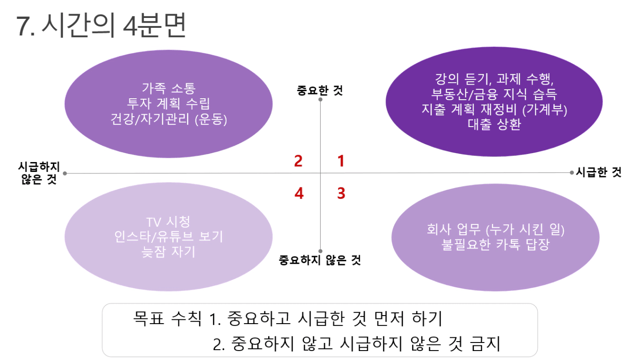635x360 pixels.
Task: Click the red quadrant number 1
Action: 341,161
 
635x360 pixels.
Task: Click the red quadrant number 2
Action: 298,161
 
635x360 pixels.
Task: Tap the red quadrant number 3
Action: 341,194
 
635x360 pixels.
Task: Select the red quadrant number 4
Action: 299,194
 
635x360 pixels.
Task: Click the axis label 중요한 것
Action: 320,91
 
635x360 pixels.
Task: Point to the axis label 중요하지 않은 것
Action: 320,260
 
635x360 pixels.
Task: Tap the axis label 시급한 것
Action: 599,172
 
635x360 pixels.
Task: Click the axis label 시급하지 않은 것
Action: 39,173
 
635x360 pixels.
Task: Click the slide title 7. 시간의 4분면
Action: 101,26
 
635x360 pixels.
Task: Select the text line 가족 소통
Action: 169,88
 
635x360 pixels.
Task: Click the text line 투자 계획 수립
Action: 169,103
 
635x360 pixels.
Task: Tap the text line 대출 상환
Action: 494,124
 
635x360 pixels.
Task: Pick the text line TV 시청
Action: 169,222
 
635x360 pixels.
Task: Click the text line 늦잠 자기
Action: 169,252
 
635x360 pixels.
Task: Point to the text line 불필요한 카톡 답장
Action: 495,244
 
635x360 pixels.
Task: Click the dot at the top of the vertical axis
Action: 321,100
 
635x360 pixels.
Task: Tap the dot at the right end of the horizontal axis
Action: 571,172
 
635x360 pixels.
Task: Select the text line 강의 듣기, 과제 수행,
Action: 494,79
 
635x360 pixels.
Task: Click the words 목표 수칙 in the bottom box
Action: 167,318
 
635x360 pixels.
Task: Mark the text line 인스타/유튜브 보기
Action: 169,237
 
